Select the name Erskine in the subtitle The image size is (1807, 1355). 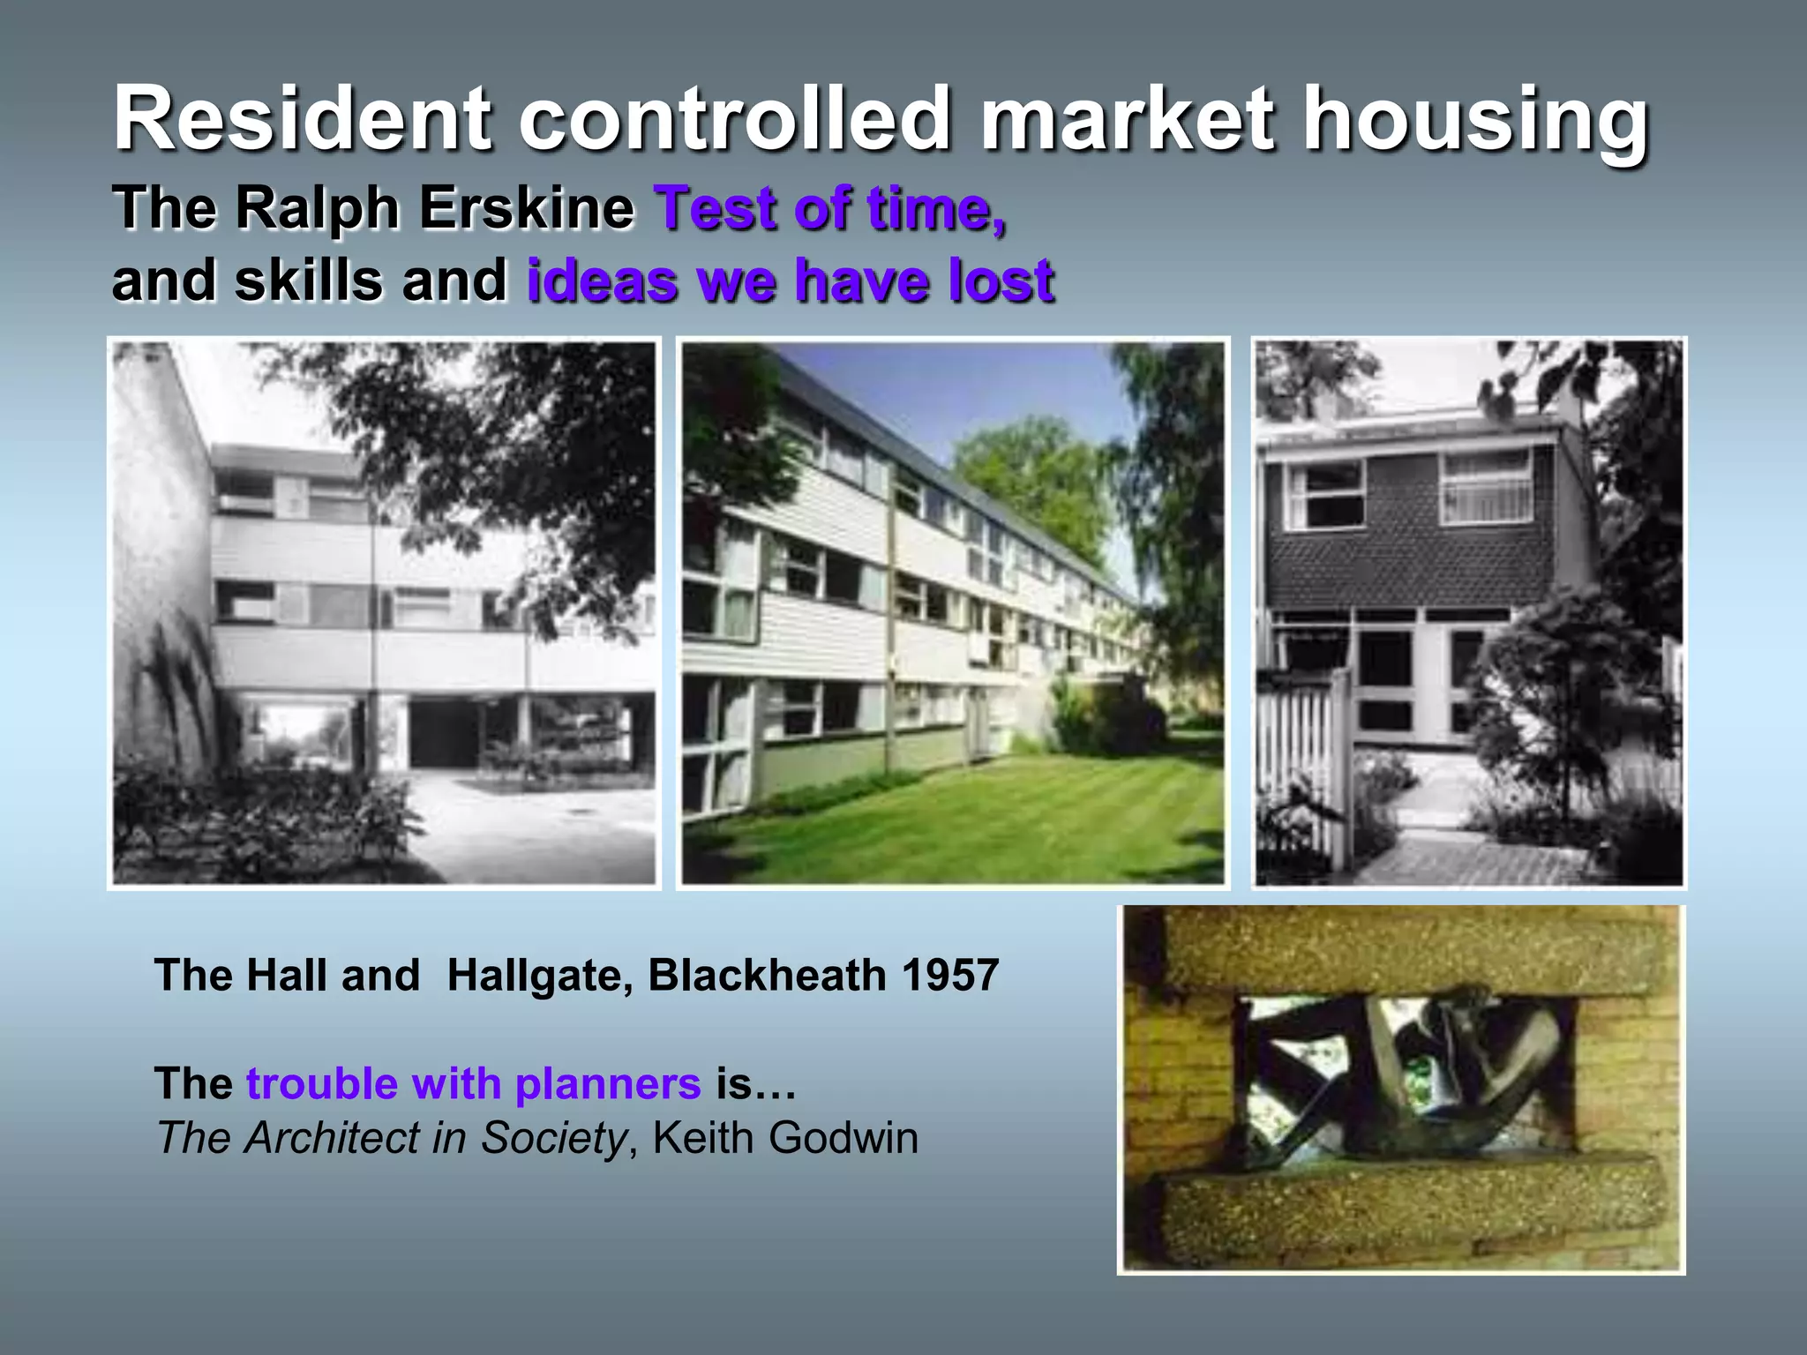tap(526, 208)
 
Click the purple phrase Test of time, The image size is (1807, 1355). tap(830, 209)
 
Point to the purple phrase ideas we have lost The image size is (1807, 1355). tap(791, 281)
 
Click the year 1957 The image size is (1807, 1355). tap(949, 976)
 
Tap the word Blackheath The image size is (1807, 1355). tap(767, 976)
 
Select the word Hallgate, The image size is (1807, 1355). tap(540, 976)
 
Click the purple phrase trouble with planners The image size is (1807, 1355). tap(473, 1083)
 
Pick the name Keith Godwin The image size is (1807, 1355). tap(785, 1138)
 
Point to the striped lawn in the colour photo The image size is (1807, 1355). tap(971, 820)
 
